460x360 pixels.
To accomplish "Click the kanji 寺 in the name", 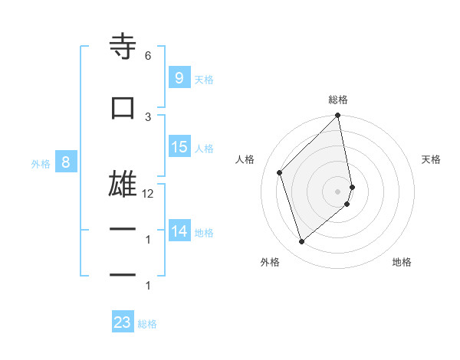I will [123, 47].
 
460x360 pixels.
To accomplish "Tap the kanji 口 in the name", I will [123, 108].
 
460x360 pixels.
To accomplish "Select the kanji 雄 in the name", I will [123, 185].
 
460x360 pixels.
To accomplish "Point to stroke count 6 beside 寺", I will [148, 56].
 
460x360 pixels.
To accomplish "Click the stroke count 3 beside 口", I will [148, 116].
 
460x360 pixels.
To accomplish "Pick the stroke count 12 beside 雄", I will [148, 194].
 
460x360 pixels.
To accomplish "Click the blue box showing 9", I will [179, 77].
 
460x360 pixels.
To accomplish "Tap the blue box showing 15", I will [179, 147].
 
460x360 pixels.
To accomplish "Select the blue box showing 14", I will [179, 231].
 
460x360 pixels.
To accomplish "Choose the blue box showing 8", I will [66, 162].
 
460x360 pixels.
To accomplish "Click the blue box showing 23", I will [122, 322].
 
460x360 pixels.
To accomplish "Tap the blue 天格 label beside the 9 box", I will [204, 79].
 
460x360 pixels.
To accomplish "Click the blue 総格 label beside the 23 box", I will [147, 324].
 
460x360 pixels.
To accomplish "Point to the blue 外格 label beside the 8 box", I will [41, 163].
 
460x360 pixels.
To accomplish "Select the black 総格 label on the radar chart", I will [338, 100].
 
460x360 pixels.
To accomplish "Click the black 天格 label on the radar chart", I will [431, 159].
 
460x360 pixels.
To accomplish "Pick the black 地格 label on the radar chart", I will [402, 263].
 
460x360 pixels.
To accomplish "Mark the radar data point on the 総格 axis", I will [338, 116].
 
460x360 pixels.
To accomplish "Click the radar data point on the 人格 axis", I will [280, 172].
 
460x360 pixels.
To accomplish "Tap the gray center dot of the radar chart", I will [338, 191].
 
